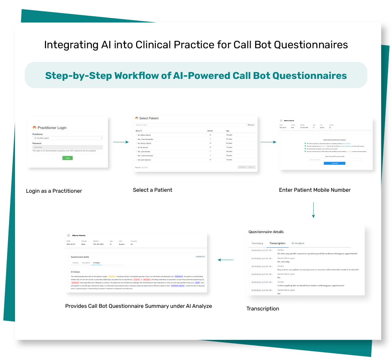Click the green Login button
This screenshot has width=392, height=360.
tap(68, 158)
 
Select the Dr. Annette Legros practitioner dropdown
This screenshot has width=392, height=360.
tap(68, 138)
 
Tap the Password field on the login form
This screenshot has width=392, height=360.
tap(68, 147)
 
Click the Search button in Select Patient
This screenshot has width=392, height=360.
tap(251, 125)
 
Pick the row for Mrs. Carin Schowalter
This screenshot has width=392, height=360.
tap(145, 139)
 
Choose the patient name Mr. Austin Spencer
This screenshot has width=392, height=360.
tap(144, 160)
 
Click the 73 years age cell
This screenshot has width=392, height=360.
tap(229, 147)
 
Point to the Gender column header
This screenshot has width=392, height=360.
tap(210, 131)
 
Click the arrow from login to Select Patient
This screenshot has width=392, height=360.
tap(121, 142)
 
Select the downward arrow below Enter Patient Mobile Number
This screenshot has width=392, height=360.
tap(313, 210)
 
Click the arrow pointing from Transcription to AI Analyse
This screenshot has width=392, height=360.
tap(226, 260)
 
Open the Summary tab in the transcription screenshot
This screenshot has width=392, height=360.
tap(257, 243)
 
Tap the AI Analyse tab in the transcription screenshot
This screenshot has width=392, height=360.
tap(298, 243)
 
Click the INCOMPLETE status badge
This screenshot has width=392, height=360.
tap(200, 257)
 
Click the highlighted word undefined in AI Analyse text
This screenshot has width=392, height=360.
tap(112, 277)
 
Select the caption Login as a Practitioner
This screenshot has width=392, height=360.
tap(54, 191)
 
